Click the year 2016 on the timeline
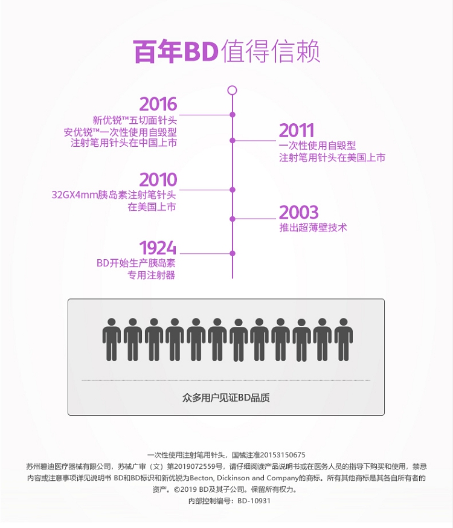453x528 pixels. (x=158, y=104)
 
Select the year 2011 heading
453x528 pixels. (x=297, y=130)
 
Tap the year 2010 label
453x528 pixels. (x=158, y=179)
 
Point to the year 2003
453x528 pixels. (x=298, y=213)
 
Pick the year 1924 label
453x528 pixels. (x=158, y=248)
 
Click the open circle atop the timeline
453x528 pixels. (x=232, y=91)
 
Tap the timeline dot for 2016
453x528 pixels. (x=233, y=114)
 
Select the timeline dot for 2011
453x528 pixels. (x=233, y=140)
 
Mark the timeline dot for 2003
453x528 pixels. (x=233, y=219)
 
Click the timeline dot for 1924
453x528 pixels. (x=233, y=253)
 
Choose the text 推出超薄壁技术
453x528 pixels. (x=313, y=228)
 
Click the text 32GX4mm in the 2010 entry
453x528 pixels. (x=71, y=195)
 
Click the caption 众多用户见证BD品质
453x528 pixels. (x=226, y=398)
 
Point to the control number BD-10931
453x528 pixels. (x=254, y=501)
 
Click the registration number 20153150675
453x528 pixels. (x=281, y=455)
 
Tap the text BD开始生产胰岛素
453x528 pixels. (x=136, y=263)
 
